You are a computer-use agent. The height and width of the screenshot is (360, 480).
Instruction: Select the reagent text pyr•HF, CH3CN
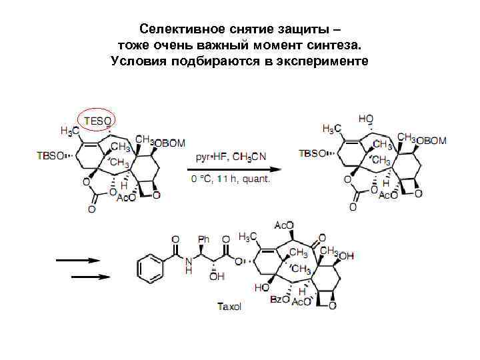pyautogui.click(x=230, y=157)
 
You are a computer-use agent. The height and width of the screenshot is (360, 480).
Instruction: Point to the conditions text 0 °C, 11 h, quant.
pyautogui.click(x=231, y=179)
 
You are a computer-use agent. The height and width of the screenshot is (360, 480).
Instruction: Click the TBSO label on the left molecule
pyautogui.click(x=51, y=155)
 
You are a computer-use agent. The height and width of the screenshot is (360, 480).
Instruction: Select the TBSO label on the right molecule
pyautogui.click(x=313, y=153)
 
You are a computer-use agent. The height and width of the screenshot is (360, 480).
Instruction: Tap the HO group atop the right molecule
pyautogui.click(x=366, y=119)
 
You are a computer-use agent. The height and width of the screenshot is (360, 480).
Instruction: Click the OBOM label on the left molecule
pyautogui.click(x=171, y=142)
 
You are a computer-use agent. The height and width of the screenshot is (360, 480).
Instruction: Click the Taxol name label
pyautogui.click(x=229, y=307)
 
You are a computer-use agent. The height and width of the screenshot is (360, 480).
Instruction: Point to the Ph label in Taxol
pyautogui.click(x=204, y=239)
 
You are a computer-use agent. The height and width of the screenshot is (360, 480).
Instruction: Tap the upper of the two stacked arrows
pyautogui.click(x=78, y=260)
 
